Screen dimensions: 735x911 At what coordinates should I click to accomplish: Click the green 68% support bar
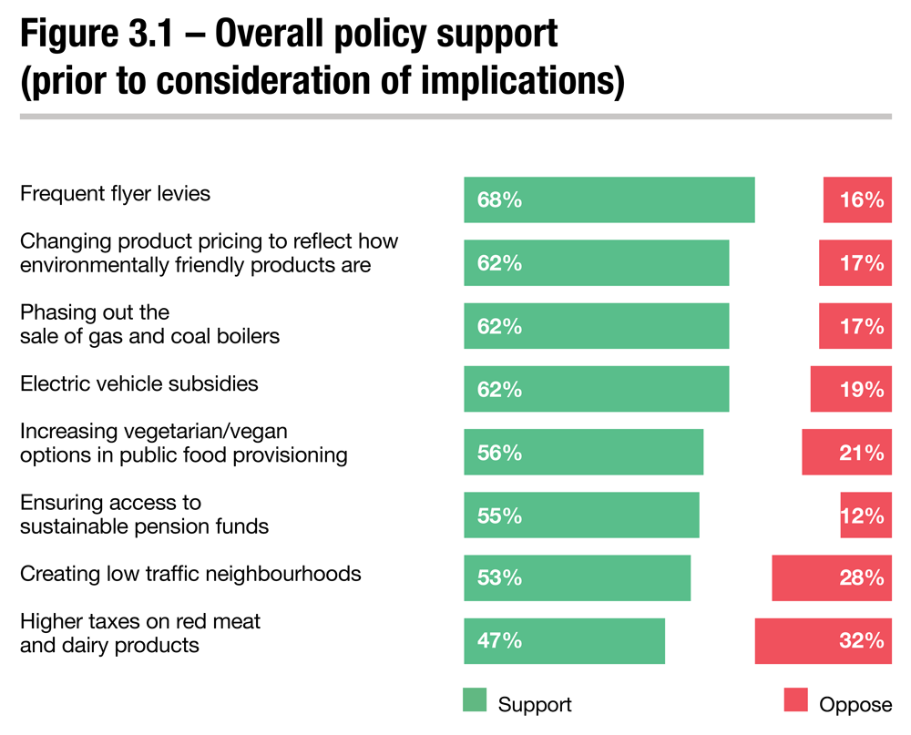click(609, 199)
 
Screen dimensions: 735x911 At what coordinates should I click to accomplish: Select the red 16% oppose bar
click(857, 199)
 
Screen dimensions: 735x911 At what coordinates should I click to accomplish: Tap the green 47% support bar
click(564, 640)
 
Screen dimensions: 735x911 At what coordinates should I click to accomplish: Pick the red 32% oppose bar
click(823, 640)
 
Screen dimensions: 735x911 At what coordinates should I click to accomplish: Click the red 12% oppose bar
click(865, 516)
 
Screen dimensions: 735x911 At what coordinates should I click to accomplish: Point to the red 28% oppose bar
click(832, 577)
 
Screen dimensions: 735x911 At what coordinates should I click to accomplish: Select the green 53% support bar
click(577, 577)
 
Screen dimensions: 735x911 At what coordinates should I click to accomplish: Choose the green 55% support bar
click(581, 516)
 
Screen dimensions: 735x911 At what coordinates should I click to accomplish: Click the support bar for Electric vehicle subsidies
click(596, 389)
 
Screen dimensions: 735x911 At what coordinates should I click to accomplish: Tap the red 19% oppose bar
click(851, 389)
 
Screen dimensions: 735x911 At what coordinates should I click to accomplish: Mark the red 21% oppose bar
click(846, 452)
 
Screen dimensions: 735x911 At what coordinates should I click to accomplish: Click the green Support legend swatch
click(476, 699)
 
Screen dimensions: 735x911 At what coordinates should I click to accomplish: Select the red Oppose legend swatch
click(795, 699)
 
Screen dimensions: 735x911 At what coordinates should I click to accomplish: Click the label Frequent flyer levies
click(115, 193)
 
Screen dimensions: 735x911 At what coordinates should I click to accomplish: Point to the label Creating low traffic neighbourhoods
click(190, 574)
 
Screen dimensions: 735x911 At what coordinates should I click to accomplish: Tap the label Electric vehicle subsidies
click(139, 383)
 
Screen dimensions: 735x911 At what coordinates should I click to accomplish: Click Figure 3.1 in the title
click(98, 34)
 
